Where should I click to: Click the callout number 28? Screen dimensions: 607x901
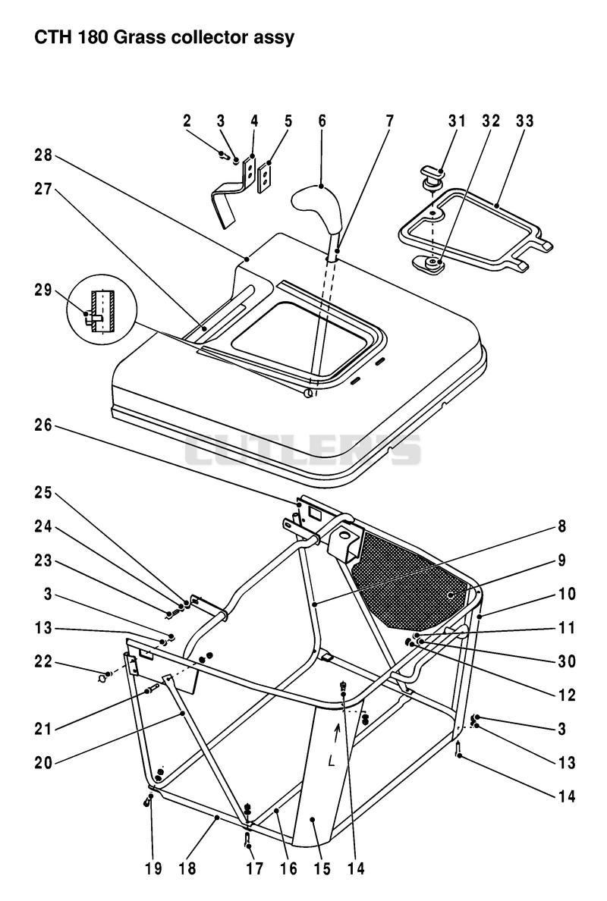pyautogui.click(x=43, y=155)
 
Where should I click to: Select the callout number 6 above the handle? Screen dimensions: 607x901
pyautogui.click(x=322, y=121)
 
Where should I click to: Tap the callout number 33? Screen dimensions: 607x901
pyautogui.click(x=525, y=121)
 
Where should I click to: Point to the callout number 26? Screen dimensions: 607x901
pyautogui.click(x=43, y=425)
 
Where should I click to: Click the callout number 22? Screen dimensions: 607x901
pyautogui.click(x=43, y=662)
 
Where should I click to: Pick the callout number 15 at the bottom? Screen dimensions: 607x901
pyautogui.click(x=322, y=868)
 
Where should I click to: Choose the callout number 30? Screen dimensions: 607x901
pyautogui.click(x=567, y=661)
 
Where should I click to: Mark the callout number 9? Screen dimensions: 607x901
pyautogui.click(x=561, y=560)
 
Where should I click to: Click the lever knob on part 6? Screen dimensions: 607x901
pyautogui.click(x=315, y=207)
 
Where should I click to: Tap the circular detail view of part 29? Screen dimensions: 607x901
pyautogui.click(x=101, y=309)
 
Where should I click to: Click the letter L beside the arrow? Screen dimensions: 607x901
pyautogui.click(x=332, y=761)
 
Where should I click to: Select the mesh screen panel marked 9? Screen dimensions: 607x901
pyautogui.click(x=411, y=577)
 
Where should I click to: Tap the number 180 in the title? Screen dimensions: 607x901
pyautogui.click(x=93, y=37)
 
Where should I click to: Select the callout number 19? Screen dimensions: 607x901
pyautogui.click(x=153, y=868)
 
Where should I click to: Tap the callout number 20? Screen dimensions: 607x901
pyautogui.click(x=43, y=763)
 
